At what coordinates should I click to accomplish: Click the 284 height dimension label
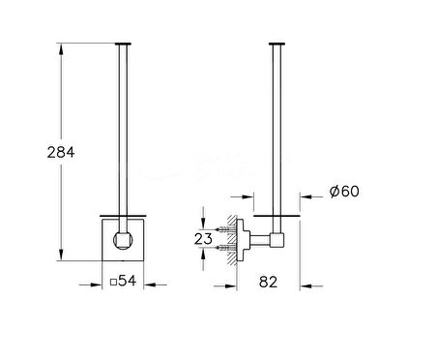click(x=61, y=152)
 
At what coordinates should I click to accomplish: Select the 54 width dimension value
click(x=128, y=281)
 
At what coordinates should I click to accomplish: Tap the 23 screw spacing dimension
click(x=203, y=239)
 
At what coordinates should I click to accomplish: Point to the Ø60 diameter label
click(x=344, y=192)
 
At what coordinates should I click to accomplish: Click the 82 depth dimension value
click(x=268, y=282)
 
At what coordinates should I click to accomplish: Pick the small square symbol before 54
click(x=113, y=283)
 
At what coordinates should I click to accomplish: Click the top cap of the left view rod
click(x=123, y=44)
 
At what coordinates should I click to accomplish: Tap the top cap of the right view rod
click(x=277, y=44)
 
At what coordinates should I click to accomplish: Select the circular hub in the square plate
click(x=123, y=240)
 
